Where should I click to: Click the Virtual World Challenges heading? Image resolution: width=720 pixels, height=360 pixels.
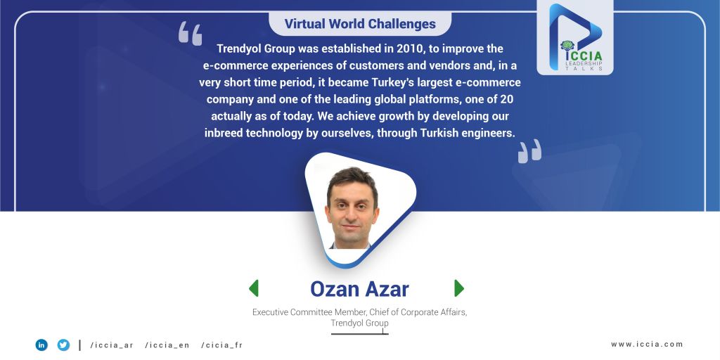coord(360,23)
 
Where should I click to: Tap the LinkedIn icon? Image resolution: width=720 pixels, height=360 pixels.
coord(41,345)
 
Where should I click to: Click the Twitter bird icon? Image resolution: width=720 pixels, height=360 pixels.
coord(63,345)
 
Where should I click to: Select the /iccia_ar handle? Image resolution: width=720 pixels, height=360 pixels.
coord(112,345)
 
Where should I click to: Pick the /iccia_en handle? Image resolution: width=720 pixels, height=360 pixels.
coord(167,345)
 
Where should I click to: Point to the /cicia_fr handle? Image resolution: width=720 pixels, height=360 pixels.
coord(221,345)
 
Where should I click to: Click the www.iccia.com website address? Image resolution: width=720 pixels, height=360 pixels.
coord(647,344)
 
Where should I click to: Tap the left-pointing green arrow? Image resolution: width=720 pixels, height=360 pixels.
coord(253,288)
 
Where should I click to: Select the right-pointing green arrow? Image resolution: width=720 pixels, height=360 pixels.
coord(459,288)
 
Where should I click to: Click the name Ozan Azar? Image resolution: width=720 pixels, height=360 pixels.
coord(359,289)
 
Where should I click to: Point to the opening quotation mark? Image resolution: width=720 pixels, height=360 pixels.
coord(190,33)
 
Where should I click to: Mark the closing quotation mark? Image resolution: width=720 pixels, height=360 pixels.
coord(529,151)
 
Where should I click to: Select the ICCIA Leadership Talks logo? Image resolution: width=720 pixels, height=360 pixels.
coord(575,38)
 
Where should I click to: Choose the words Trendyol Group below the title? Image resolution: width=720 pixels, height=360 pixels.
coord(359,323)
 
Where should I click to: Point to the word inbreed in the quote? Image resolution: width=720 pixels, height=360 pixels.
coord(224,133)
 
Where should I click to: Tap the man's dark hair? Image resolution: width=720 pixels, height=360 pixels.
coord(352,179)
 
